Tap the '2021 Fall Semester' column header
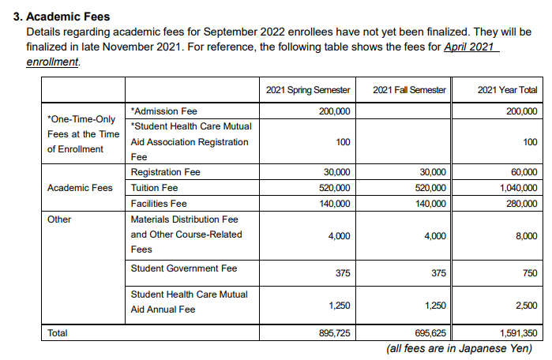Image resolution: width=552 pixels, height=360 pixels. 409,90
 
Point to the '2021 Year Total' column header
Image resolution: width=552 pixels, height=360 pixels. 507,90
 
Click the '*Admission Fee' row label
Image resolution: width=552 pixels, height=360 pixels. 164,111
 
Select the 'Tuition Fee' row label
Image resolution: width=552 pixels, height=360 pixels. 154,188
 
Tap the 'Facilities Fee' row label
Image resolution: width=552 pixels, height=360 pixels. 159,204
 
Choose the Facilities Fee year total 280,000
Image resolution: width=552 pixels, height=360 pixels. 521,204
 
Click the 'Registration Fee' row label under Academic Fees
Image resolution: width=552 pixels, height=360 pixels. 165,172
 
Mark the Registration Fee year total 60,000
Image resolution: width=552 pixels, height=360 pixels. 524,172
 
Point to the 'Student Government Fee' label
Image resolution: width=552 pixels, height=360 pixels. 183,268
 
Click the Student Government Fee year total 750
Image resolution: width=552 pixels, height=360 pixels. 529,273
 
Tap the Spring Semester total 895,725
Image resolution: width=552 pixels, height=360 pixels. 335,334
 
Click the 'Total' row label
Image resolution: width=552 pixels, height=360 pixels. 58,334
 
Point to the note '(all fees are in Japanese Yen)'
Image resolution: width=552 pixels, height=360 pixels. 458,348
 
